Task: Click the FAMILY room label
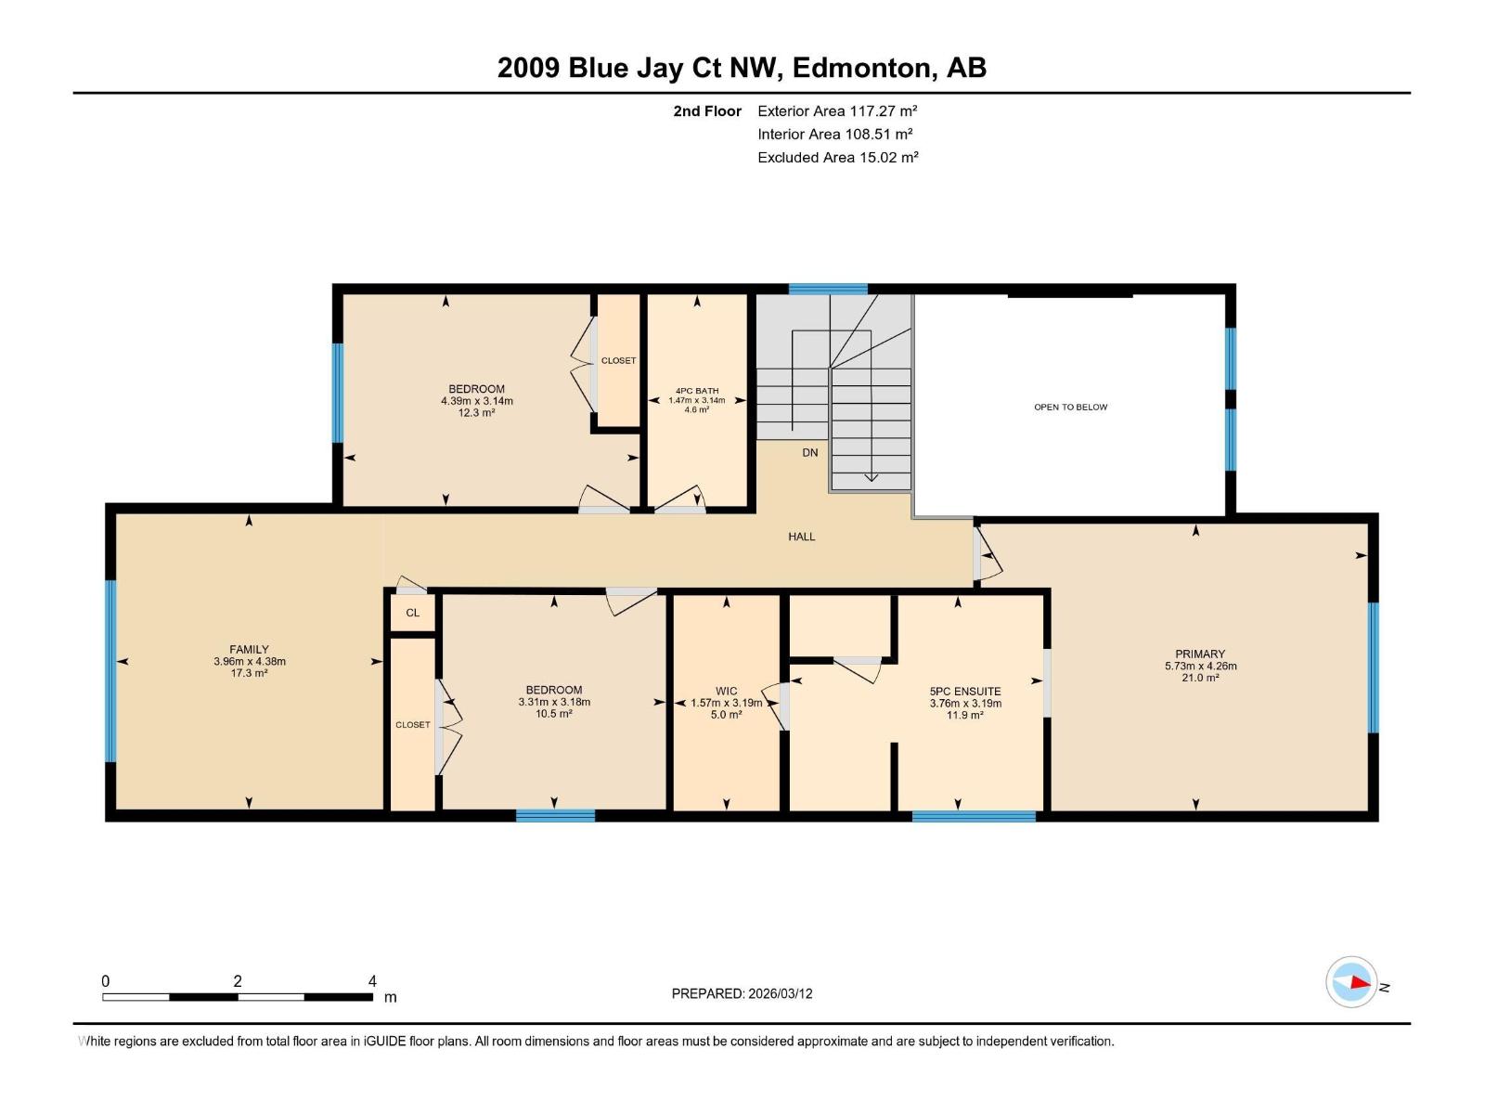[249, 649]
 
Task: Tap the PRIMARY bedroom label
[1199, 654]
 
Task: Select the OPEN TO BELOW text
[1070, 408]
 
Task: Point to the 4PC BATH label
[697, 391]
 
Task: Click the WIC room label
[726, 692]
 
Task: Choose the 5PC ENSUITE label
[964, 692]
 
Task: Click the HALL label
[802, 538]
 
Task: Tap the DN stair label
[810, 452]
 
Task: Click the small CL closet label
[413, 613]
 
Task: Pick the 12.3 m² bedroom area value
[476, 412]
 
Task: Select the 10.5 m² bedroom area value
[554, 714]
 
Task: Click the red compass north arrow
[1361, 983]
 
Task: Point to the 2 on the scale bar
[238, 980]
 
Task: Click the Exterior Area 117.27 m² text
[837, 110]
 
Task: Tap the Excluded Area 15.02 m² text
[837, 157]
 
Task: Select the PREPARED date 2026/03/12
[780, 993]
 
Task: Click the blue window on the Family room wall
[111, 671]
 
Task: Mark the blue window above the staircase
[828, 290]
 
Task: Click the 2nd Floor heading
[707, 110]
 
